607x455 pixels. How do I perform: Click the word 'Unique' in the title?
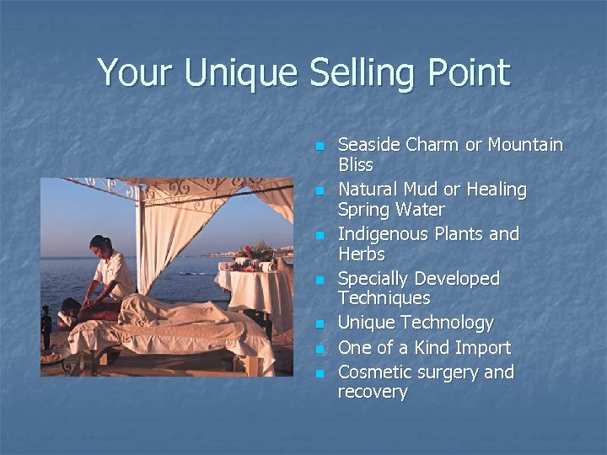240,73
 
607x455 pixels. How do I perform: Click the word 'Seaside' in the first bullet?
368,145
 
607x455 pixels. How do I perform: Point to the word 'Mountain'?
525,145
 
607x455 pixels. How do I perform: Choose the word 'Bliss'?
355,165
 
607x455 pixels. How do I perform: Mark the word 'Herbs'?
361,254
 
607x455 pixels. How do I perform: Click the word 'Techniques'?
384,299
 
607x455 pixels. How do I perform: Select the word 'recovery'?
373,393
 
